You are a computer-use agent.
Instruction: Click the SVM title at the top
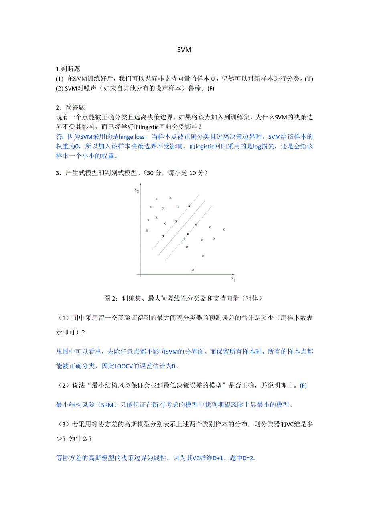click(x=184, y=50)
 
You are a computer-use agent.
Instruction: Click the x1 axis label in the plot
click(x=233, y=278)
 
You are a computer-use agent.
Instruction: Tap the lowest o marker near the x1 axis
click(x=193, y=270)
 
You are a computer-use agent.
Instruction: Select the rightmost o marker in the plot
click(x=224, y=229)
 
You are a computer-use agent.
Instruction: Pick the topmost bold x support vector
click(x=189, y=206)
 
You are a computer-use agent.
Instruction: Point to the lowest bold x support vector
click(x=163, y=236)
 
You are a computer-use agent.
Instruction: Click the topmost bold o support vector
click(x=196, y=225)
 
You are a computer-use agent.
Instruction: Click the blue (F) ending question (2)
click(x=303, y=386)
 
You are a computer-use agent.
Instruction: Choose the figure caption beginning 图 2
click(x=184, y=298)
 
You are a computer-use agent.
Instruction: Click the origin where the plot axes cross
click(x=140, y=275)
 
